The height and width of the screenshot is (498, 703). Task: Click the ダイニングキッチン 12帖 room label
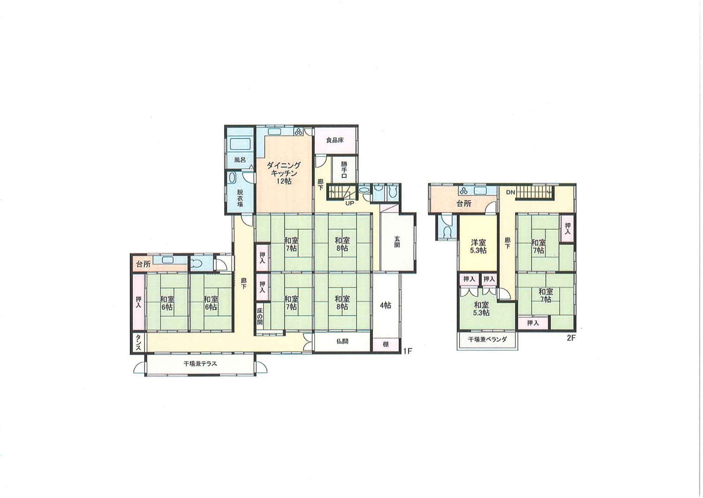click(284, 173)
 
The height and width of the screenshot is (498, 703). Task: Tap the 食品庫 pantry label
click(335, 140)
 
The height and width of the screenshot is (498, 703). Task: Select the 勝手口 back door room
click(344, 170)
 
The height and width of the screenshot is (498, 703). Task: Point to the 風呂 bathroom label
click(240, 159)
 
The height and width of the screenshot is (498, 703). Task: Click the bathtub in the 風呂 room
click(241, 144)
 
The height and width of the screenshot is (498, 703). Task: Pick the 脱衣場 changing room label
click(240, 198)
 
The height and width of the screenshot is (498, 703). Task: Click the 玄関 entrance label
click(397, 241)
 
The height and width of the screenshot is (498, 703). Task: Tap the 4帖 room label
click(385, 305)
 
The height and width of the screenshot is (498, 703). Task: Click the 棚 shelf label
click(386, 344)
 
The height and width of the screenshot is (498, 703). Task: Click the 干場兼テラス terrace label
click(200, 363)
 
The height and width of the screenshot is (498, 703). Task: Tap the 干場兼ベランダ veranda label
click(487, 340)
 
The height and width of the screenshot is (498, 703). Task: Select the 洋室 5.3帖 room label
click(479, 247)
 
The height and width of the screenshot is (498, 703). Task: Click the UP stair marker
click(350, 203)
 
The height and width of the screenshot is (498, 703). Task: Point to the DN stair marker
click(510, 192)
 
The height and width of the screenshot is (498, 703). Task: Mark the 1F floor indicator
click(407, 351)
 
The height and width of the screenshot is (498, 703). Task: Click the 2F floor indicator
click(571, 339)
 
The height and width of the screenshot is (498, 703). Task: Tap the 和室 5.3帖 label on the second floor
click(481, 309)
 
